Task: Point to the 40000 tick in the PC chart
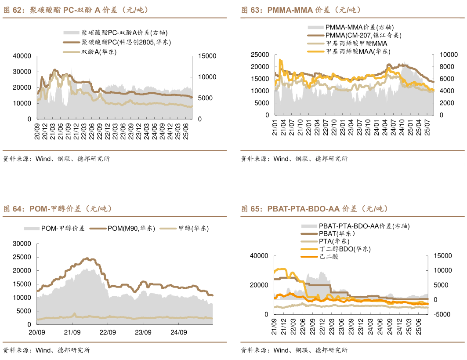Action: tap(22, 56)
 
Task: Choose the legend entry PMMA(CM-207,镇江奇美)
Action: tap(363, 36)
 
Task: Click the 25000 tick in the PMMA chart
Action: tap(260, 55)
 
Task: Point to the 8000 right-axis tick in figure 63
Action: tap(446, 67)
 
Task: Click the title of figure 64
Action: tap(58, 209)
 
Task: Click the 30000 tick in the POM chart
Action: tap(22, 244)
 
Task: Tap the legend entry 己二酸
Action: tap(329, 256)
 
